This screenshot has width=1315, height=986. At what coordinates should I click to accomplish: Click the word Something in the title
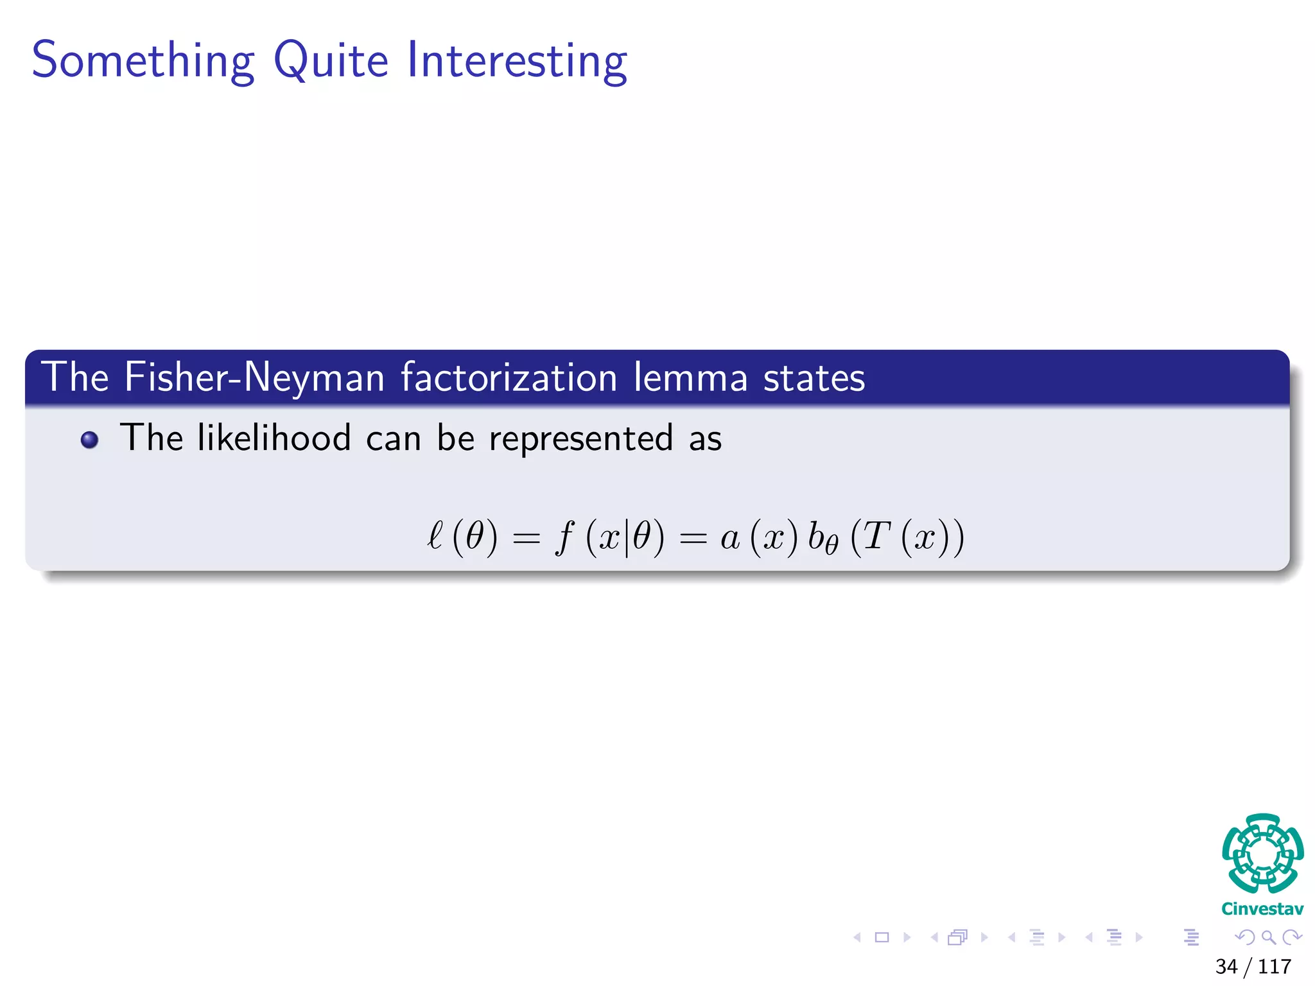coord(143,60)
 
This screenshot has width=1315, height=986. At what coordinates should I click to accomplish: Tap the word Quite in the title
coord(331,60)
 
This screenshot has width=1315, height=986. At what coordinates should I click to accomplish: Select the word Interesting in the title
coord(517,60)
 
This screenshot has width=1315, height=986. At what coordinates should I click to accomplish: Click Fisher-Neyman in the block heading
coord(254,377)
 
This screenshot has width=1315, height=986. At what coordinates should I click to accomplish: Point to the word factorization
coord(509,377)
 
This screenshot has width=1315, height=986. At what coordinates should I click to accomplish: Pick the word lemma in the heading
coord(690,377)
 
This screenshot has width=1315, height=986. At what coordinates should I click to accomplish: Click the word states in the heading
coord(814,377)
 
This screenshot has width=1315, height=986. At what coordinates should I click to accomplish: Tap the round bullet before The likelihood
coord(89,440)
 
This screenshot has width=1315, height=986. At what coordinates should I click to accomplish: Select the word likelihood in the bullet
coord(274,438)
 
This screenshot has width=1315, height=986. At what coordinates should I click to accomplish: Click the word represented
coord(581,438)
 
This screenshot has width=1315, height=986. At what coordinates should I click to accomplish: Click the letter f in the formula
coord(564,536)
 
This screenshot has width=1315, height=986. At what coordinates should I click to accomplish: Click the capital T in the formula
coord(876,535)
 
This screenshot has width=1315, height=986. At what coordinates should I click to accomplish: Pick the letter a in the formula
coord(729,538)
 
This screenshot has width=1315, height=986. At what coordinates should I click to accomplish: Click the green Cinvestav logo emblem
coord(1262,853)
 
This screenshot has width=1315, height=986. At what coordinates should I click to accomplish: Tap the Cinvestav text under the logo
coord(1262,908)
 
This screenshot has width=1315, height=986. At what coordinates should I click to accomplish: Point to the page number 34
coord(1226,966)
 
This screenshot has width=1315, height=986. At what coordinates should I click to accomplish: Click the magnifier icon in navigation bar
coord(1268,937)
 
